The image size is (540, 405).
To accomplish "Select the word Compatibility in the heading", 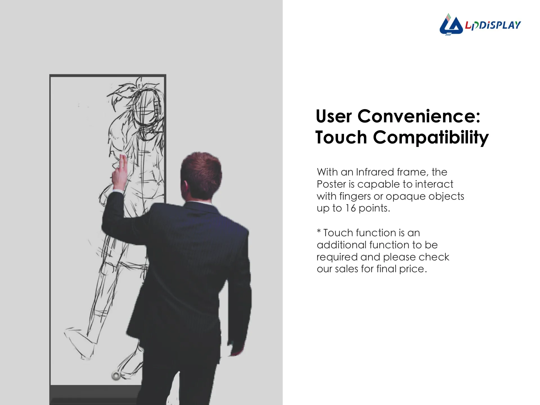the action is tap(431, 138).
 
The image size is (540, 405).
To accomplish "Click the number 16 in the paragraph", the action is tap(351, 208).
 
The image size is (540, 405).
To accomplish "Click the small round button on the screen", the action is tap(116, 375).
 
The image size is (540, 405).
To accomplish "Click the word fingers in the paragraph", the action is tap(355, 197).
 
